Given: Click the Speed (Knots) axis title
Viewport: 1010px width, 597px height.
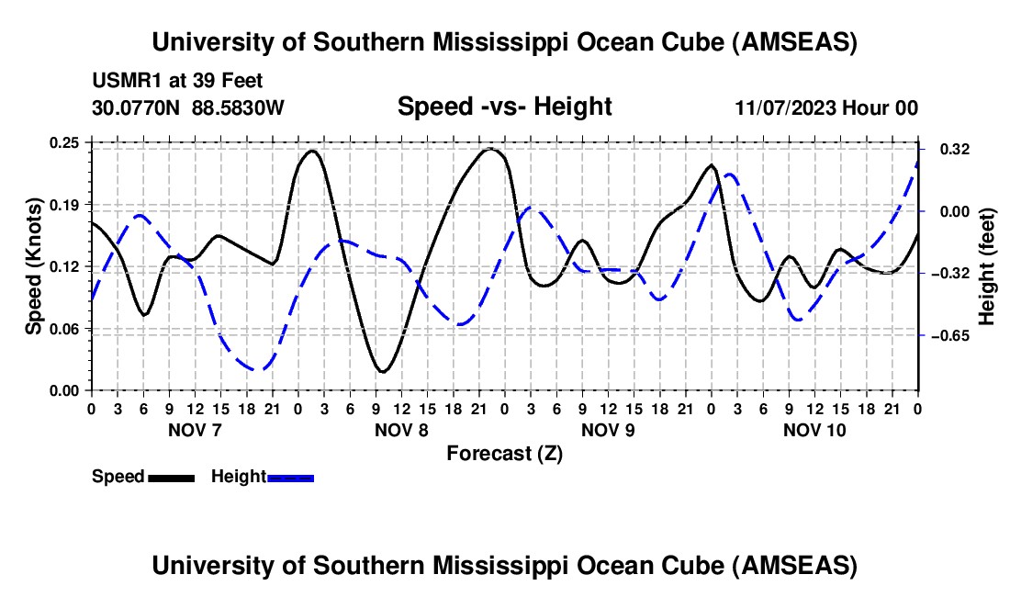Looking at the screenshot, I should click(x=34, y=266).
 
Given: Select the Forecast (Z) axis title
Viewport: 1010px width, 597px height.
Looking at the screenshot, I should click(x=504, y=453).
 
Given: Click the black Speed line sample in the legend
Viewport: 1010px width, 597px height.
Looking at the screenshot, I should click(x=171, y=477).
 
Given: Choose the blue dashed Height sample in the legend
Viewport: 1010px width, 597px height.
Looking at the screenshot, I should click(x=290, y=477).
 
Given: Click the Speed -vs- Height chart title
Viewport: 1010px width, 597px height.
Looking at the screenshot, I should click(x=504, y=107).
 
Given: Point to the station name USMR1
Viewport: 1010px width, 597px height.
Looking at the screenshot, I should click(x=120, y=82).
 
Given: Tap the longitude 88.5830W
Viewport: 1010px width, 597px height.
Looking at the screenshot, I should click(x=239, y=107).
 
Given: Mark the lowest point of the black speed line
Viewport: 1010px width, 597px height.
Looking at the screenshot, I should click(x=383, y=371).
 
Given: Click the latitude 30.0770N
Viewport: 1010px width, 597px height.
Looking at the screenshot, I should click(x=137, y=107).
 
